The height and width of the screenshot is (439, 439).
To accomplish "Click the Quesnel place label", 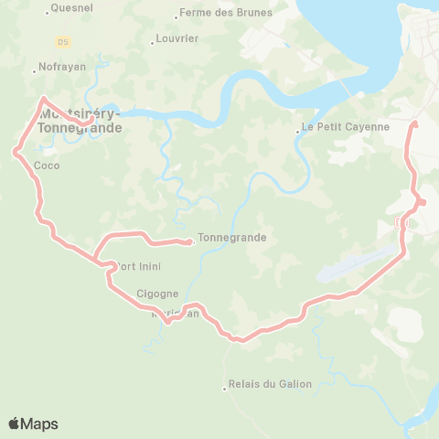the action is (x=74, y=7).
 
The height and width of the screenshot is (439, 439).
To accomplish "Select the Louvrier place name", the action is (x=177, y=39).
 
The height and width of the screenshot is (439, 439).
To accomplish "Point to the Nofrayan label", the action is (x=61, y=68).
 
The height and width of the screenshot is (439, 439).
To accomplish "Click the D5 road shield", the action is (x=62, y=41).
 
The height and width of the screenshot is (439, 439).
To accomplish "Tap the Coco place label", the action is (x=46, y=166).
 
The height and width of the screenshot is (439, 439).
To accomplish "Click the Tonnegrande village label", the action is (x=231, y=238).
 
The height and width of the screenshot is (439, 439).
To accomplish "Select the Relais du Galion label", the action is (x=270, y=385).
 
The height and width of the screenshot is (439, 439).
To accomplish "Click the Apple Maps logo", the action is (x=33, y=423).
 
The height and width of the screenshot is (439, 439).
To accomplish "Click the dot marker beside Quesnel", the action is (x=48, y=12).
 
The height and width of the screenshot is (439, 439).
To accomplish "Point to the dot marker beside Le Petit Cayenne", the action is (x=298, y=132).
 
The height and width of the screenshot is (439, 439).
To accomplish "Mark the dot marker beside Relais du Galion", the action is (x=225, y=390).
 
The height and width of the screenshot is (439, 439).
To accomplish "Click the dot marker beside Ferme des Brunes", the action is (x=177, y=17).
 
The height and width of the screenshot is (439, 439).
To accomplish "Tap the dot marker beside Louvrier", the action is (x=153, y=43).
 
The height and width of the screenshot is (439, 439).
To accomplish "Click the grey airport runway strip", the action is (x=358, y=262).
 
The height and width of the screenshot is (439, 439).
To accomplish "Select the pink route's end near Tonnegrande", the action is (x=190, y=242).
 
